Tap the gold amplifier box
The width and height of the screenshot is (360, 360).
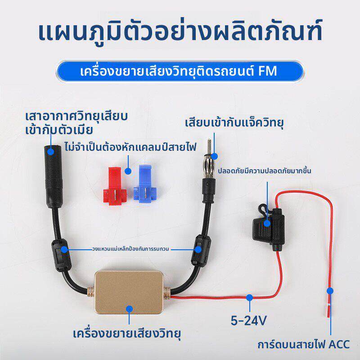pyautogui.click(x=129, y=292)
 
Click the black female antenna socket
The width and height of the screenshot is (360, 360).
pyautogui.click(x=53, y=176)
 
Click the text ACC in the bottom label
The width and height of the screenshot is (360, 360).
pyautogui.click(x=339, y=344)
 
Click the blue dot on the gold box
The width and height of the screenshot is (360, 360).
pyautogui.click(x=130, y=309)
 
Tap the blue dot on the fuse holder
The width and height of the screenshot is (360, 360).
pyautogui.click(x=267, y=223)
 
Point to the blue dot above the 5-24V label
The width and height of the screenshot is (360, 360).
pyautogui.click(x=250, y=297)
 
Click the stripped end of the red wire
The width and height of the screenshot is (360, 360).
pyautogui.click(x=328, y=310)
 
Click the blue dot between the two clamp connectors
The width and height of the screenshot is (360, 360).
pyautogui.click(x=128, y=171)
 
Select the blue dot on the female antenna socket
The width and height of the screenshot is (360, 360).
pyautogui.click(x=51, y=152)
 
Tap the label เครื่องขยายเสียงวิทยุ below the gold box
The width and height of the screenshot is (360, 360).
pyautogui.click(x=127, y=333)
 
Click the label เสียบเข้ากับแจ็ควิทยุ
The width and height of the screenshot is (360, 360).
pyautogui.click(x=234, y=123)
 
